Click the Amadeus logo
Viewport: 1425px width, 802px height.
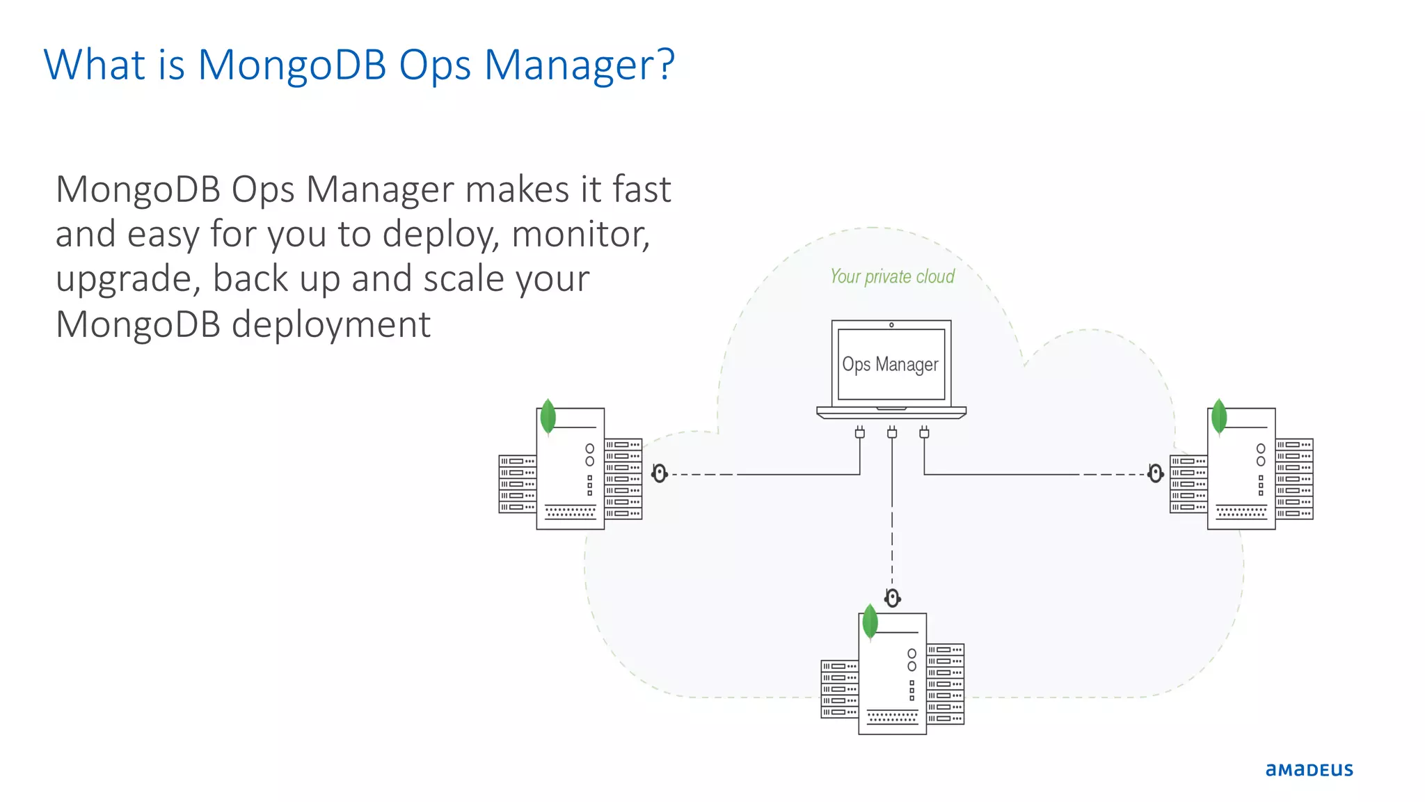coord(1309,769)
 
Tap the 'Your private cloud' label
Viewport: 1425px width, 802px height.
coord(892,276)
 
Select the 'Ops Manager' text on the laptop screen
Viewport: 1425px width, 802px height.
coord(890,364)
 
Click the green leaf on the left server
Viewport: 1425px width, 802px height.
coord(548,416)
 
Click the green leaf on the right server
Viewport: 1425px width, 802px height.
coord(1219,416)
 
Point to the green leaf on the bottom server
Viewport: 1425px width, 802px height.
coord(870,622)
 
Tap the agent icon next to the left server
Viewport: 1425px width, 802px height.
coord(660,474)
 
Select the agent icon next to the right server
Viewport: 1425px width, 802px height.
coord(1156,474)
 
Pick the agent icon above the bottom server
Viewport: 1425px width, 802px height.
coord(893,598)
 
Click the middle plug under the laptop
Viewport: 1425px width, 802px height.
coord(892,432)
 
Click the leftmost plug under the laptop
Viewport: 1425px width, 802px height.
coord(860,432)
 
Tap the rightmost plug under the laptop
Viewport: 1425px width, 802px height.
coord(924,432)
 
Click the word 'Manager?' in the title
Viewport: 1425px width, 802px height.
coord(579,65)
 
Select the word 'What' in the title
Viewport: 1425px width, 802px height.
coord(95,65)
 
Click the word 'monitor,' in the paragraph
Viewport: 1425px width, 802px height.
coord(580,234)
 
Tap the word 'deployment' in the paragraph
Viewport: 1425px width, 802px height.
coord(331,324)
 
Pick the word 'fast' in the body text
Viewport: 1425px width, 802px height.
coord(641,189)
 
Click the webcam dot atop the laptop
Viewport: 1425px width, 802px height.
coord(891,325)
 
